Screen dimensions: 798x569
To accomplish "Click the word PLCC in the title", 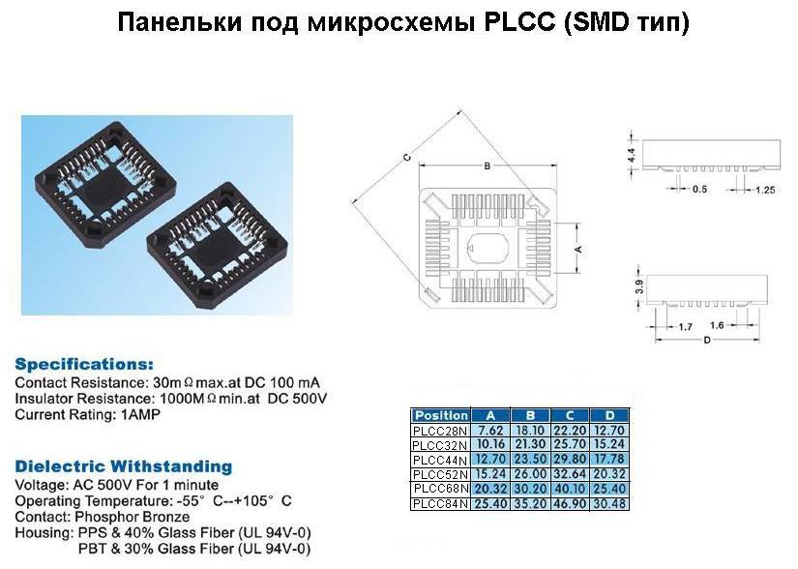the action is pos(518,22).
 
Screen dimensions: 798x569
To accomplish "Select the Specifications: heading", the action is pos(84,365).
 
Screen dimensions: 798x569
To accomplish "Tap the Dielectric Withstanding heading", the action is pos(124,466).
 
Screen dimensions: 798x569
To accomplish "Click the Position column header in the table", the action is pos(441,415).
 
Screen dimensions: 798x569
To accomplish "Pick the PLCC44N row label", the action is pos(440,460).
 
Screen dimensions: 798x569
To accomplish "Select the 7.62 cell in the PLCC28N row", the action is pos(490,430).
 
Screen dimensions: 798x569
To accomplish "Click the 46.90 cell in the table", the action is pos(570,504).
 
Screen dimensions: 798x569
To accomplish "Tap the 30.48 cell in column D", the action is pos(609,504).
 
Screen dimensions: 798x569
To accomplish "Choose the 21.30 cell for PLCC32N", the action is pos(530,445).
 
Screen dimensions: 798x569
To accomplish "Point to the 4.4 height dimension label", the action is pos(632,155).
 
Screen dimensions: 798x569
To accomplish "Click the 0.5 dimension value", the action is pos(699,190).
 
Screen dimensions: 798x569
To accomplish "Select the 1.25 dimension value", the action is pos(765,190).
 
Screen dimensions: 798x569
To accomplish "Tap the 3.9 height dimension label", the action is pos(639,287).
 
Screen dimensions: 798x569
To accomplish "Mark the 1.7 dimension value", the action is pos(685,327).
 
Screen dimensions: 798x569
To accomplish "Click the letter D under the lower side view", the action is pos(707,340).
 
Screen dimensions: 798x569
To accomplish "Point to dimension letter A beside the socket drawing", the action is pos(578,249).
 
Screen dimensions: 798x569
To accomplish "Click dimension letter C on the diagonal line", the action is pos(406,158).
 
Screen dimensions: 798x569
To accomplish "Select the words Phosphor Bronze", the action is pos(133,517).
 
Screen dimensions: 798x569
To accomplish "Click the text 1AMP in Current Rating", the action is pos(140,414).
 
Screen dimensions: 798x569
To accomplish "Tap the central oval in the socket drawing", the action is pos(488,249).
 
